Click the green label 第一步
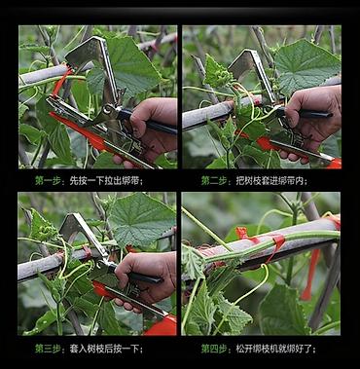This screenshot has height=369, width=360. [x=48, y=180]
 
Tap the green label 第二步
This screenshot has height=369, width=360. [x=214, y=180]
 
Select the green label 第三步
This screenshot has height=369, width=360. [x=48, y=349]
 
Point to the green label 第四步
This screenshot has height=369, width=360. [x=214, y=349]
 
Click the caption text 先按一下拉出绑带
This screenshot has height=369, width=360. [x=105, y=180]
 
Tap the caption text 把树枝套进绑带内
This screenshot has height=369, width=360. [x=270, y=180]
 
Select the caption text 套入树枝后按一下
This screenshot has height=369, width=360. [x=104, y=349]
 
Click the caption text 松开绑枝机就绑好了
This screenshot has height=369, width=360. [x=274, y=349]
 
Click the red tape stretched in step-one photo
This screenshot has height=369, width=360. [x=61, y=81]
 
